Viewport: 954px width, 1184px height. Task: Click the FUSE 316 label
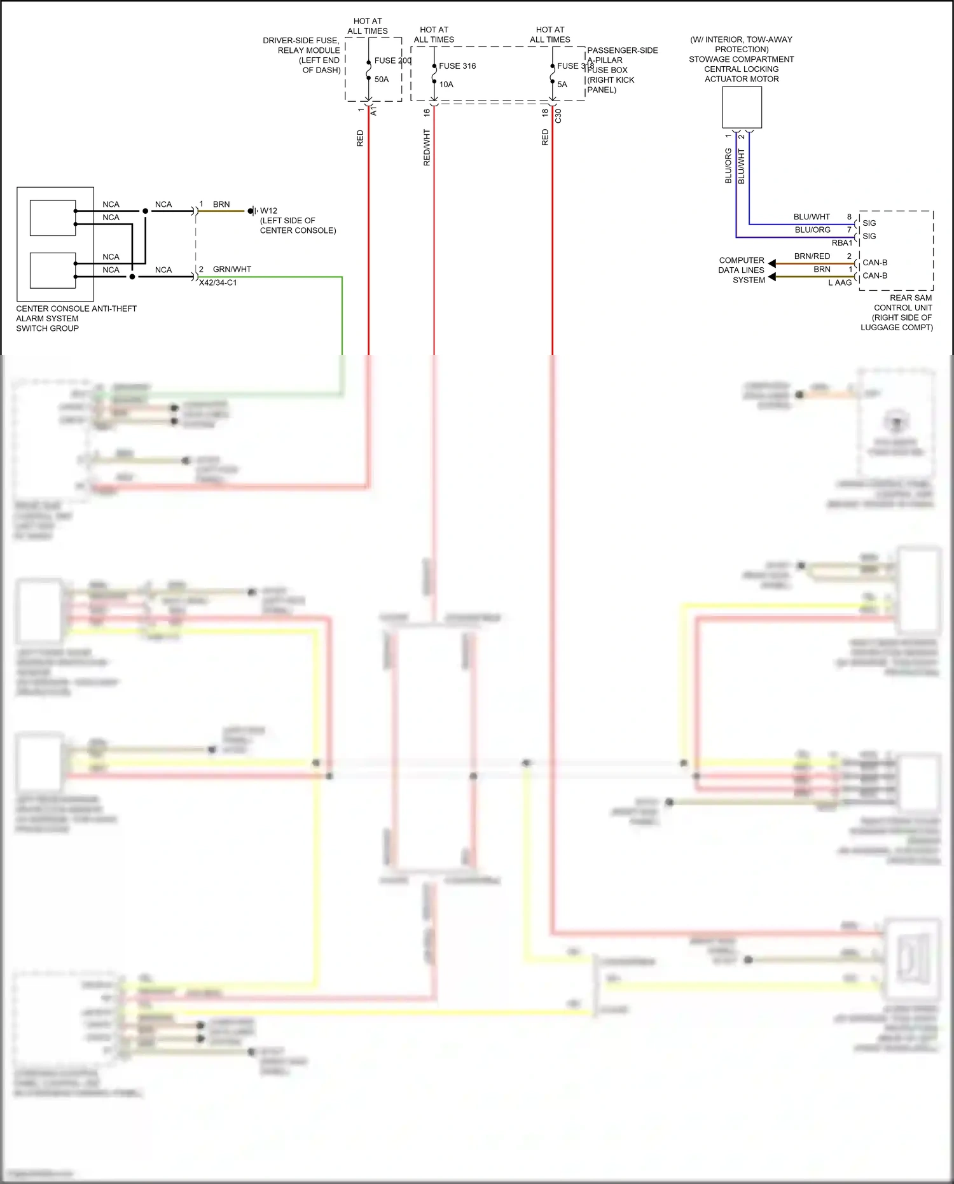tap(457, 66)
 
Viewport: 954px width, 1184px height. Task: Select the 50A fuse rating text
tap(382, 80)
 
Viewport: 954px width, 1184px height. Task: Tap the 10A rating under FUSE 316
tap(446, 85)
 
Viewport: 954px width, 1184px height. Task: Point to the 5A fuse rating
tap(562, 85)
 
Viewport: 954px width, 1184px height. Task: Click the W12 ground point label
tap(268, 211)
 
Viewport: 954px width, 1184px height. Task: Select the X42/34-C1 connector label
tap(218, 282)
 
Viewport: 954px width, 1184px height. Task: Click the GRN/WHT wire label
tap(232, 269)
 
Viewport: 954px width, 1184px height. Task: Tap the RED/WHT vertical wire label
tap(427, 148)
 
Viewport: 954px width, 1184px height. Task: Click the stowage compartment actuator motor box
tap(742, 108)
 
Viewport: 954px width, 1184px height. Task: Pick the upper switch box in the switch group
tap(53, 218)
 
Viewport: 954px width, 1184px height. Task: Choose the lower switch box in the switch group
tap(53, 270)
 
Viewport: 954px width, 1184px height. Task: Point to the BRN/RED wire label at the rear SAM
tap(812, 256)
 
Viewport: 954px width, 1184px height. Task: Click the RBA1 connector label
tap(841, 243)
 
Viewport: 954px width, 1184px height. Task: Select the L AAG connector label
tap(840, 282)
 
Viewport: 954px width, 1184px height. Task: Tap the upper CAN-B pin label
tap(874, 263)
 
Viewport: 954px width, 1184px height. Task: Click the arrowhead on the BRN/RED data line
tap(771, 263)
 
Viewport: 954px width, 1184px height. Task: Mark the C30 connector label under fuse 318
tap(558, 116)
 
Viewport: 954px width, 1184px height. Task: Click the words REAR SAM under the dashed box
tap(910, 298)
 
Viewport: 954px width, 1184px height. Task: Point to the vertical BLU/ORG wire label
tap(728, 166)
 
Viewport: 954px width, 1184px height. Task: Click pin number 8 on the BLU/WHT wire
tap(849, 217)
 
